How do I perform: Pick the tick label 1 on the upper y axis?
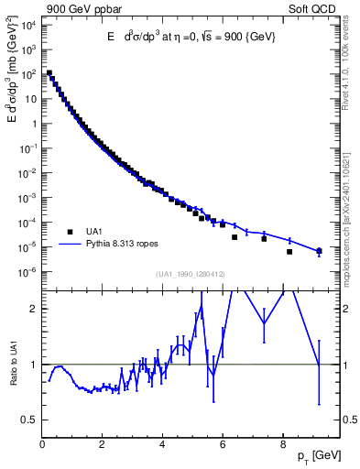[33, 123]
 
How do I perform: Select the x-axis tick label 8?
[283, 445]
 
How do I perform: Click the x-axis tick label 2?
[103, 445]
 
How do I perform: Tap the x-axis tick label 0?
[43, 445]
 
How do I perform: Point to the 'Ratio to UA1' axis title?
[15, 376]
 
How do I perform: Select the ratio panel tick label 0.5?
[27, 420]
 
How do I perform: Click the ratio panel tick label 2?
[33, 309]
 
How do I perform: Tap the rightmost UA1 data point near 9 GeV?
[319, 251]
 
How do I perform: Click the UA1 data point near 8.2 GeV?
[289, 252]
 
